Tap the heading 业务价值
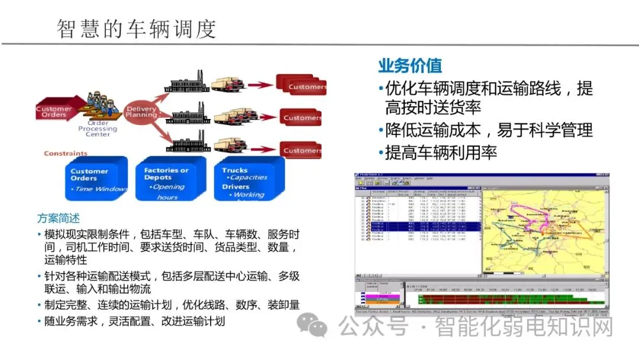[x=410, y=65]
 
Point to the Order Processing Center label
[x=98, y=128]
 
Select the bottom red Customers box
[x=301, y=150]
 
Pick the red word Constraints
[x=66, y=153]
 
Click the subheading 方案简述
[x=58, y=218]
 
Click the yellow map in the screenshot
[x=540, y=231]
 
